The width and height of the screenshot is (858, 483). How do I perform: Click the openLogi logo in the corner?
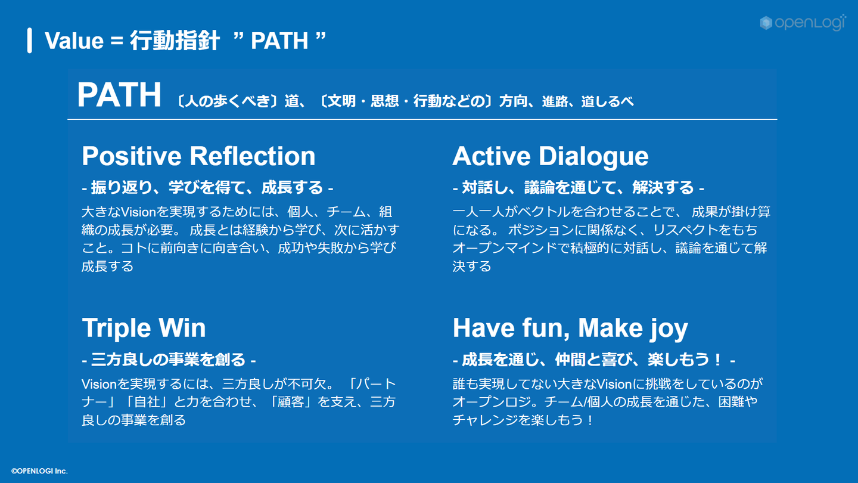[x=803, y=23]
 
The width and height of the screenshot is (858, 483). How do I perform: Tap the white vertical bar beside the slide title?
[x=30, y=41]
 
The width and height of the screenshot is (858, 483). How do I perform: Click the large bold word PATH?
[x=119, y=95]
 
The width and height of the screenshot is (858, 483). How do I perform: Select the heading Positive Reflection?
[x=198, y=156]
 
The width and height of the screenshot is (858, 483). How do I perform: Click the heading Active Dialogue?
[x=551, y=156]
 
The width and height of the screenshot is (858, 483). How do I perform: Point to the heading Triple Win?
[x=144, y=328]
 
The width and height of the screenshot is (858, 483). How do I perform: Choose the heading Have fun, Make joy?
[x=570, y=329]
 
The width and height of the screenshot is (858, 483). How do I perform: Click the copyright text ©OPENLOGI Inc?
[x=39, y=471]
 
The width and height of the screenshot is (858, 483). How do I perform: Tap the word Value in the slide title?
[x=74, y=41]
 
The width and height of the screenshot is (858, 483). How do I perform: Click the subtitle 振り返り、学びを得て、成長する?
[x=207, y=187]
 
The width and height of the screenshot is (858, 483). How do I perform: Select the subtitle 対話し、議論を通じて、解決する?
[x=579, y=187]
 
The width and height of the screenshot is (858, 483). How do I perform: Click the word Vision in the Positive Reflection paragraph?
[x=138, y=212]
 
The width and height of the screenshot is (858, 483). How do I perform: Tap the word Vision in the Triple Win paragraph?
[x=99, y=384]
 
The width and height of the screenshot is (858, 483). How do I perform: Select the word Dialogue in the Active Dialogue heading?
[x=593, y=156]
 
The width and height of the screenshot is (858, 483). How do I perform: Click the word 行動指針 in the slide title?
[x=175, y=41]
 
